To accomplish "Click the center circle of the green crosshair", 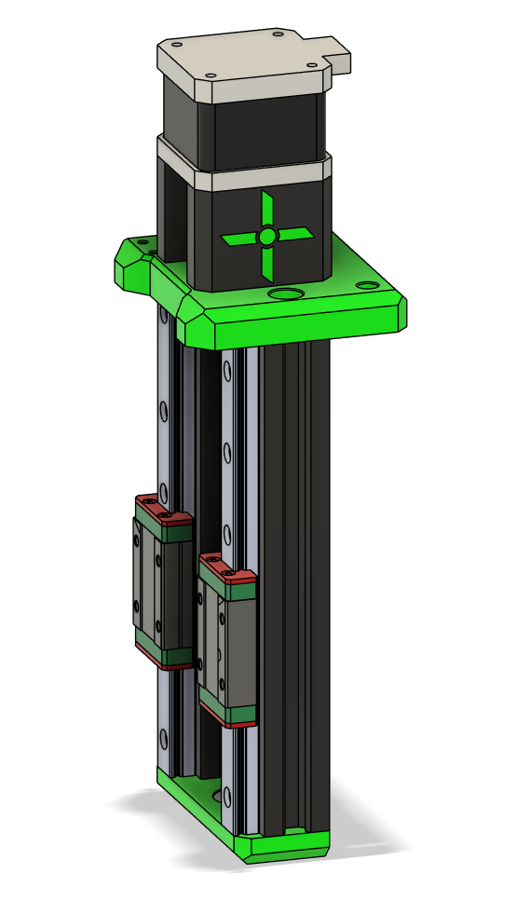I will tap(267, 237).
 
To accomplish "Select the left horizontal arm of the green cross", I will tap(240, 239).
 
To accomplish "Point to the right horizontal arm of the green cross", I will tap(294, 235).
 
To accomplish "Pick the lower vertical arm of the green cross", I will tap(267, 263).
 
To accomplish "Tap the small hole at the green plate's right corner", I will tap(372, 285).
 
